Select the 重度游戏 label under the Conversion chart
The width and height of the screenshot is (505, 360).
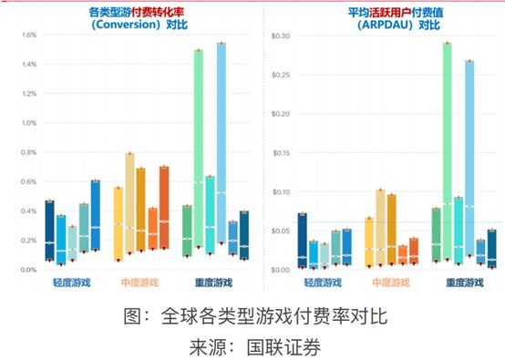pos(213,283)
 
